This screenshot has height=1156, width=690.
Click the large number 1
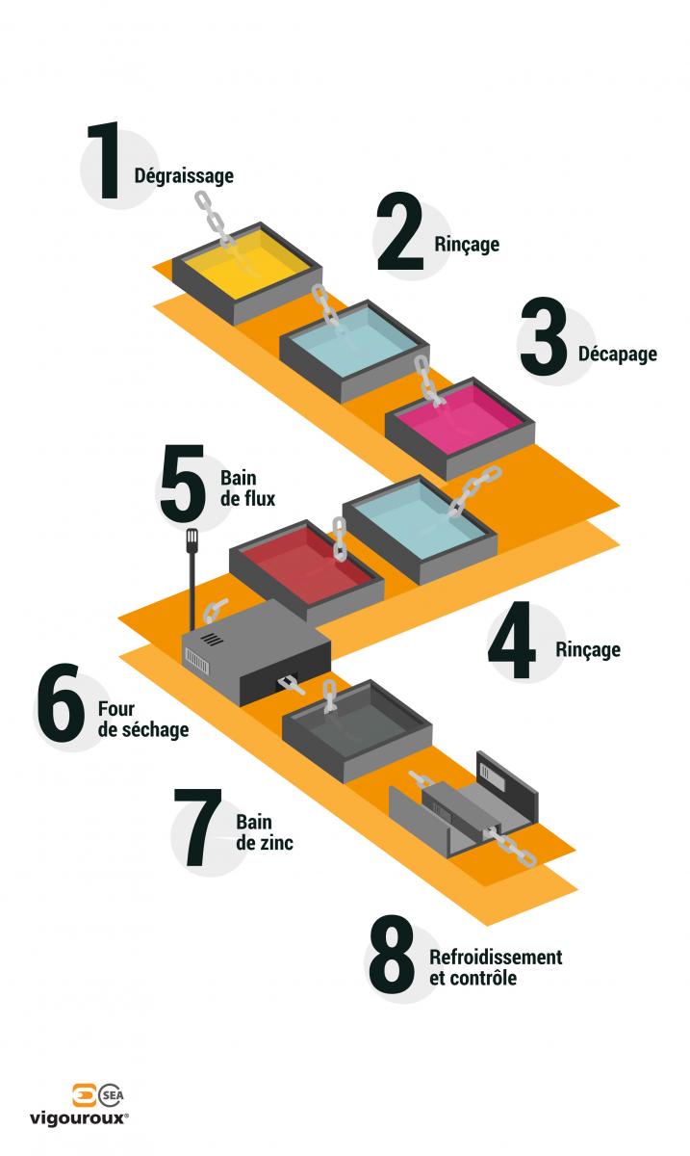coord(105,161)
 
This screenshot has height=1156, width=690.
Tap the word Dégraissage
coord(184,176)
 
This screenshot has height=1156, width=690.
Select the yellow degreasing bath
coord(247,274)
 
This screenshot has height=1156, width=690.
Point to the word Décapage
coord(618,355)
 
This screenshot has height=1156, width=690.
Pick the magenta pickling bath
coord(461,428)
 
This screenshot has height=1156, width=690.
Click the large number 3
coord(544,335)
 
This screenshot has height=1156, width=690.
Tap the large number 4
coord(512,640)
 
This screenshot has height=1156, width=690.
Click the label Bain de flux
coord(247,488)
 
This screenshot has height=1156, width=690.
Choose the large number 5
coord(183,483)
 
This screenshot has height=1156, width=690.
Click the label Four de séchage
coord(143,719)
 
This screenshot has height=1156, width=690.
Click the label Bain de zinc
coord(265,832)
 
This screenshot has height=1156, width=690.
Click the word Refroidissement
coord(496,958)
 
